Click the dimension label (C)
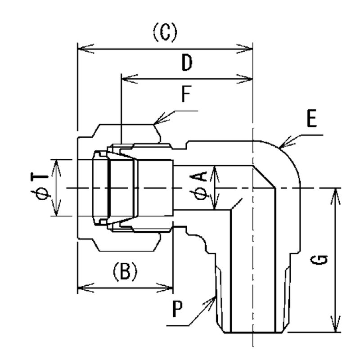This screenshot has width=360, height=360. click(165, 33)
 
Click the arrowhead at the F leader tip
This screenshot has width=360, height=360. click(156, 122)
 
